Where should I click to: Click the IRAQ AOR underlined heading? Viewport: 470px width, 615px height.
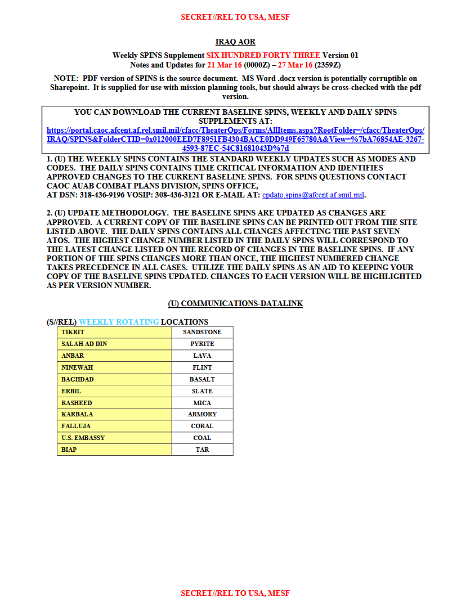point(235,42)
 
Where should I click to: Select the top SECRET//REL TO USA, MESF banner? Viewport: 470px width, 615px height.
point(235,17)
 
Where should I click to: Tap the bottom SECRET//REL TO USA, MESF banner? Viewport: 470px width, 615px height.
point(235,593)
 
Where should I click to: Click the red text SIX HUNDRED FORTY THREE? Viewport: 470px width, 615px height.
point(263,55)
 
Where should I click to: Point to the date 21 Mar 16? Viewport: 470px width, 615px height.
point(224,65)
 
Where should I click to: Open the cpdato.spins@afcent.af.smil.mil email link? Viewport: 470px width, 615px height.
point(314,195)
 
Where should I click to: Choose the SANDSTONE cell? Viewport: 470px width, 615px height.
point(202,332)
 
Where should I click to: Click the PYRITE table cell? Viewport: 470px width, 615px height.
point(202,344)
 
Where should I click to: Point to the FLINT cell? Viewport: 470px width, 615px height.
point(202,367)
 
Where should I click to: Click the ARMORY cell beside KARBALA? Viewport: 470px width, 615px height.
point(202,414)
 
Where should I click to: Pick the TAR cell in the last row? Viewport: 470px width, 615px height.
point(202,450)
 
